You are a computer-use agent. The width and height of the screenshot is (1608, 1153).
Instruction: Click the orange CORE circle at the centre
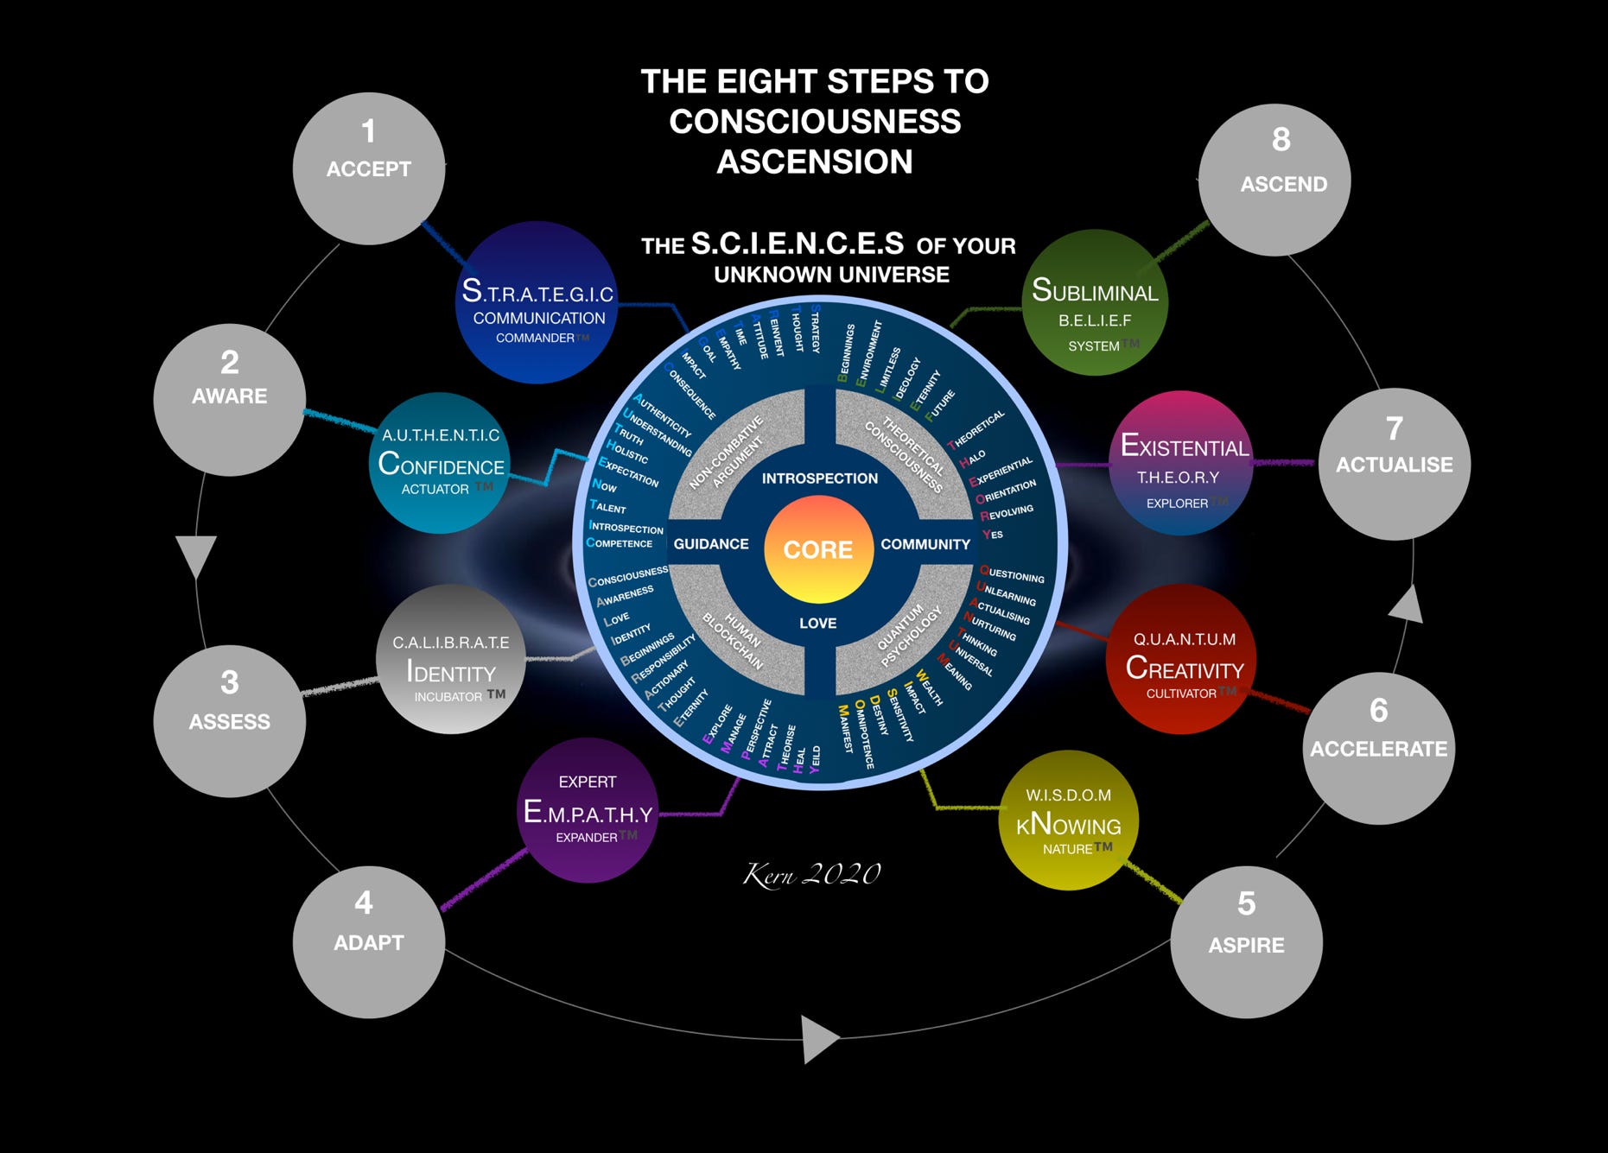[817, 549]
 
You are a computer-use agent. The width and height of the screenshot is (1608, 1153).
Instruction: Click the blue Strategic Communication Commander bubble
[537, 302]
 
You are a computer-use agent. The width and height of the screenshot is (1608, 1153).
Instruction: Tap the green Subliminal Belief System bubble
[1095, 302]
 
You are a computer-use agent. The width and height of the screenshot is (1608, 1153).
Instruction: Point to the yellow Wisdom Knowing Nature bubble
[1069, 820]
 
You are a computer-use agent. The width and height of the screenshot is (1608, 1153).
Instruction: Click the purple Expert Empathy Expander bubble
[588, 810]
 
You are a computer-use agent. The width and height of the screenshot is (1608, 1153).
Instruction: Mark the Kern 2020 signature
[811, 874]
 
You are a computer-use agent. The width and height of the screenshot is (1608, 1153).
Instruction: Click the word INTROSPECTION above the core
[819, 478]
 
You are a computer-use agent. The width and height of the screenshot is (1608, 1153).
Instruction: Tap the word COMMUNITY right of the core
[925, 544]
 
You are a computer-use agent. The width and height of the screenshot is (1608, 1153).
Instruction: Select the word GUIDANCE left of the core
[711, 544]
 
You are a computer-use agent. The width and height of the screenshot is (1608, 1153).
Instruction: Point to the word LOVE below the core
[817, 623]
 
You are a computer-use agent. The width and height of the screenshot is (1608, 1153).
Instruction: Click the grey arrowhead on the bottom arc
[818, 1038]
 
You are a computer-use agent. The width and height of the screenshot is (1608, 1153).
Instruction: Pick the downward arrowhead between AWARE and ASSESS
[196, 554]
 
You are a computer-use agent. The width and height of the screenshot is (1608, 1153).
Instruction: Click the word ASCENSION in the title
[814, 162]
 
